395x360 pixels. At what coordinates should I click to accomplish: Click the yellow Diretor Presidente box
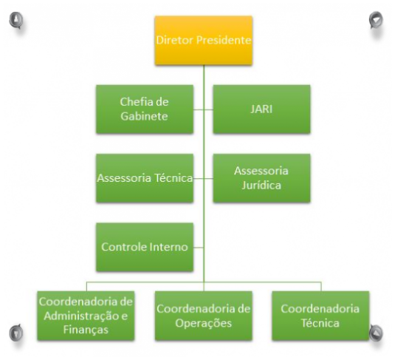204,41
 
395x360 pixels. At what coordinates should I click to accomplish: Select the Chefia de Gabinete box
145,109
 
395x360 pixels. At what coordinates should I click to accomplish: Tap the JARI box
261,109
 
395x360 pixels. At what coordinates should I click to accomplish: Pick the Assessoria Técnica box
145,178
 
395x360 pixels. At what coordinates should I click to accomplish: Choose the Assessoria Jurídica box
261,178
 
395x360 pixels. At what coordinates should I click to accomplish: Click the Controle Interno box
145,247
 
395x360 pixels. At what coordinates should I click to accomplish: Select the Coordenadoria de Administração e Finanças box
86,316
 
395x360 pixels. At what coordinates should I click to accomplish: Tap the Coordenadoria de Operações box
204,316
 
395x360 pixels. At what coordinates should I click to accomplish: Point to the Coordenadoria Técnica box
320,316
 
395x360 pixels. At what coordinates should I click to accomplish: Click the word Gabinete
144,116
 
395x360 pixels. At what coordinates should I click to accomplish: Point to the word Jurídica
261,185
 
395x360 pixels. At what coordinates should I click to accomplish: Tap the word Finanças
86,330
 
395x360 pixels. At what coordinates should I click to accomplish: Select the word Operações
204,324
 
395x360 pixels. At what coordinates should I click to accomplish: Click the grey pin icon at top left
16,20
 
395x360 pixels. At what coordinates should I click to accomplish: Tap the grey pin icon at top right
376,20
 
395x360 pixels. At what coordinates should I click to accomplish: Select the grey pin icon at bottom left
16,333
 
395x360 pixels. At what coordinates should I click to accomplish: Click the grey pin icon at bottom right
376,333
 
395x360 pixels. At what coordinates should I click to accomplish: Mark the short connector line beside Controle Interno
199,247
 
